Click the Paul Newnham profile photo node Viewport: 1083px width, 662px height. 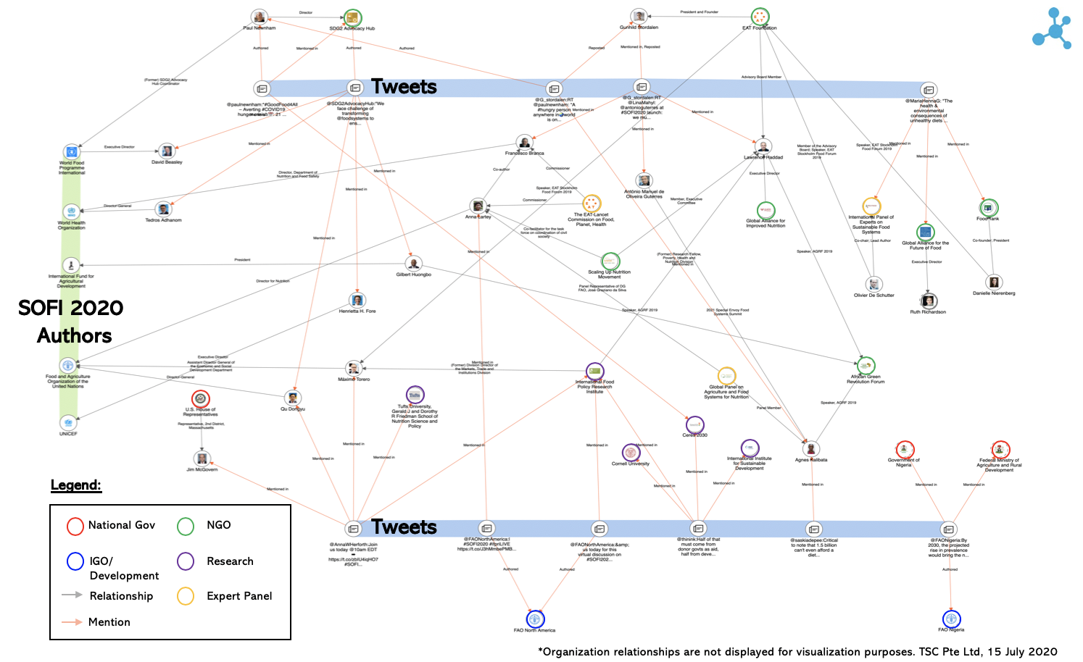click(259, 17)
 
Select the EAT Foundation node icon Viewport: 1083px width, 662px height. click(760, 17)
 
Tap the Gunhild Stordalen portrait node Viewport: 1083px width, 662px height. click(639, 17)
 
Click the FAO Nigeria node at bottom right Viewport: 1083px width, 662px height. click(951, 619)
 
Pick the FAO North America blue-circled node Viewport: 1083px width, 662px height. click(535, 619)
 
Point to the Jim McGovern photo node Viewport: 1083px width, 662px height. click(202, 458)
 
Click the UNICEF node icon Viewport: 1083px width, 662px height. click(68, 422)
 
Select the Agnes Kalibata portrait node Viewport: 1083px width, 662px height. click(811, 449)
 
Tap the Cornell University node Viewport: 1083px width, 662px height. click(631, 453)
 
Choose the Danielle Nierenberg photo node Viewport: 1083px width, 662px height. click(994, 282)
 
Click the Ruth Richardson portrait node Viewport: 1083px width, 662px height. click(929, 301)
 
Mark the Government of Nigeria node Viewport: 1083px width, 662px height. click(904, 450)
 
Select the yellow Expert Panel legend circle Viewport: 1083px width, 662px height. click(186, 597)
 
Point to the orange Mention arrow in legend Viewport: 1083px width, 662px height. click(72, 622)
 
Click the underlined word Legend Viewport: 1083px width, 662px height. click(76, 485)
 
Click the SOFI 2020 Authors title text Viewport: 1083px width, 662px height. click(72, 322)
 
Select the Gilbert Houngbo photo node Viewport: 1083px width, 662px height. click(413, 264)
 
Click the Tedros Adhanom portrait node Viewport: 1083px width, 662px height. click(164, 210)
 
